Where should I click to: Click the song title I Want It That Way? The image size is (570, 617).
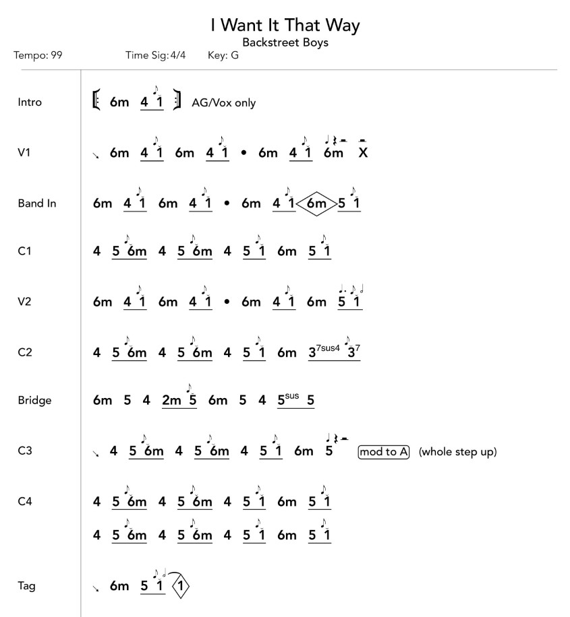point(285,26)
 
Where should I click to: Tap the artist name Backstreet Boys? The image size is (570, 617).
point(285,42)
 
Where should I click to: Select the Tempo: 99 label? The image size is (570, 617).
point(38,55)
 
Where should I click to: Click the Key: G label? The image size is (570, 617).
point(223,55)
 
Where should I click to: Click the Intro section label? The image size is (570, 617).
point(30,102)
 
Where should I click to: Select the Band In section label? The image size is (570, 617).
point(36,202)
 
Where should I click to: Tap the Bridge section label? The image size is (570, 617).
point(34,401)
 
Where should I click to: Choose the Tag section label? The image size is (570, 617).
point(26,586)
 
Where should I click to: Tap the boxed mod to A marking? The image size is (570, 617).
point(384,451)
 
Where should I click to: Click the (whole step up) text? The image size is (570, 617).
point(457,451)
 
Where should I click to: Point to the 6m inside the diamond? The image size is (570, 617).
point(316,203)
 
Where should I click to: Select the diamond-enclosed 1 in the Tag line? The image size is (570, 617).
point(182,587)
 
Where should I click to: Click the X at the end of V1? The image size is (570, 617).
point(363,153)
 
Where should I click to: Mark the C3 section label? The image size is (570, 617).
point(25,451)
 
